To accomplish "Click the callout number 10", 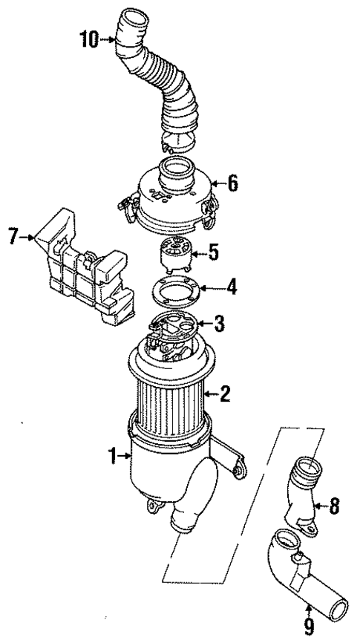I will pos(88,39).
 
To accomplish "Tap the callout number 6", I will pos(233,183).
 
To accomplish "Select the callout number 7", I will pos(12,238).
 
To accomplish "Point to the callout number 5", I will pos(213,254).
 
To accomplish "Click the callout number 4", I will pos(232,285).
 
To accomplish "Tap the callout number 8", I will pos(335,508).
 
